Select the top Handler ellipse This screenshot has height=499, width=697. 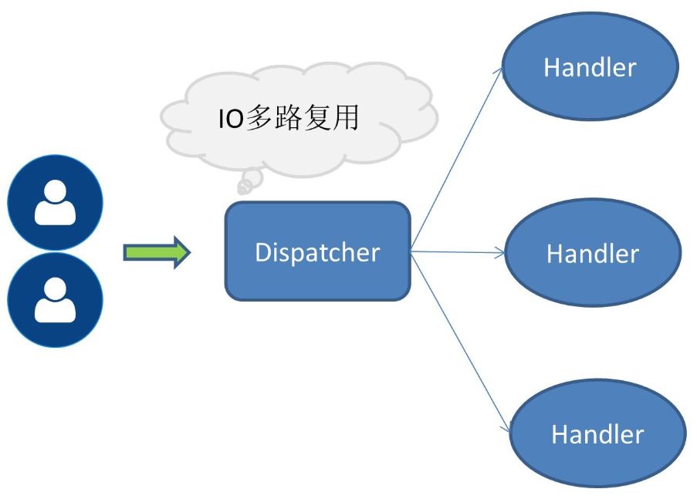pos(590,67)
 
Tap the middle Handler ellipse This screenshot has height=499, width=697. pos(592,253)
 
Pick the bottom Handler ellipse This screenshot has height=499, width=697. pos(597,433)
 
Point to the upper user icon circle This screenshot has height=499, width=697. pos(55,203)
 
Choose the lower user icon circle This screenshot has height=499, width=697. pos(55,299)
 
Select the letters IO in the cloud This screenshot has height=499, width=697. pos(228,119)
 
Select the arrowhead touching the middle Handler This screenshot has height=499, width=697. pos(502,252)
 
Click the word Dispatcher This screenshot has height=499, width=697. pos(317,252)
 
